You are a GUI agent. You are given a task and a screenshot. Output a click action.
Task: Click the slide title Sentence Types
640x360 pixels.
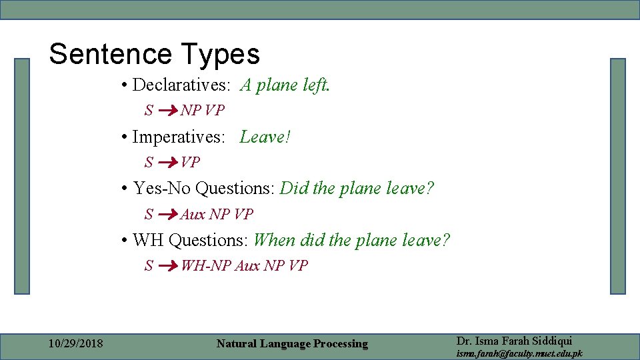tap(154, 54)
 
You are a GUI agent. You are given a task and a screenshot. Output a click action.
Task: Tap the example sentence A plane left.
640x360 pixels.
tap(285, 85)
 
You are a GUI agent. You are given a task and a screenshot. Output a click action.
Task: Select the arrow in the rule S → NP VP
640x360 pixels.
tap(169, 110)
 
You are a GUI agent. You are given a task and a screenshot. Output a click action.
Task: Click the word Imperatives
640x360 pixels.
tap(179, 137)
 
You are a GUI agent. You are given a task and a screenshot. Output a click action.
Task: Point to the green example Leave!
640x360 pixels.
tap(265, 137)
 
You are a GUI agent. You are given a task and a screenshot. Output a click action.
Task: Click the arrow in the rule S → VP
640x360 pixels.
tap(169, 162)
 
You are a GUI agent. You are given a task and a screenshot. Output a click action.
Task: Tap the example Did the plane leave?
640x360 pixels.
tap(357, 189)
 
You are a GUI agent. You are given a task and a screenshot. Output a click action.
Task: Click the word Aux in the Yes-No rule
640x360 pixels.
tap(193, 214)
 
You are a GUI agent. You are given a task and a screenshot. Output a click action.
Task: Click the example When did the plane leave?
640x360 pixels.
tap(352, 240)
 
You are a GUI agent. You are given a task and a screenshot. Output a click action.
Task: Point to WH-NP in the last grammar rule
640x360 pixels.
tap(206, 266)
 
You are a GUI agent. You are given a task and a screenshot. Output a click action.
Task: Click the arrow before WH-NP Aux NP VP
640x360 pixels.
tap(169, 266)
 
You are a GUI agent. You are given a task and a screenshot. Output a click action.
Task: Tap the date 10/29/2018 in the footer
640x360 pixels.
tap(76, 344)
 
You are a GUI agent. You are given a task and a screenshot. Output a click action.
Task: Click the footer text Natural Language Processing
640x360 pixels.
tap(292, 344)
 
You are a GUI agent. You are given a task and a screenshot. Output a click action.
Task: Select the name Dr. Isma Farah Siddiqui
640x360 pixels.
tap(514, 340)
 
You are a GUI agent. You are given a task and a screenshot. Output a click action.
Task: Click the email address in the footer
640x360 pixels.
tap(519, 353)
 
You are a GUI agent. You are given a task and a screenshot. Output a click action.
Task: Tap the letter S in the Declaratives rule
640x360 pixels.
tap(149, 110)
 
